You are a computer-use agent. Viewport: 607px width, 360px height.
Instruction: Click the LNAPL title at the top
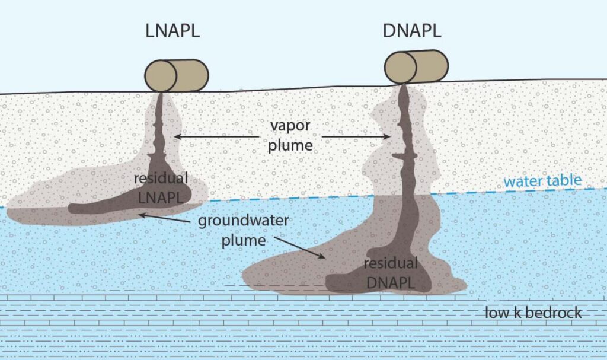(x=172, y=31)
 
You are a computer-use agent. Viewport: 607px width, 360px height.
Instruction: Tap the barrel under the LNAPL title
(x=177, y=75)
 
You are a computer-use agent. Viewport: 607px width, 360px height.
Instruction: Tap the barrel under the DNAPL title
(x=415, y=66)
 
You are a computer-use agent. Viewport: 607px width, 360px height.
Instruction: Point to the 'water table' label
(x=542, y=180)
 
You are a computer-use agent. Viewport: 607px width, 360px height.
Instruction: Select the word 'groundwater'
(x=243, y=221)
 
